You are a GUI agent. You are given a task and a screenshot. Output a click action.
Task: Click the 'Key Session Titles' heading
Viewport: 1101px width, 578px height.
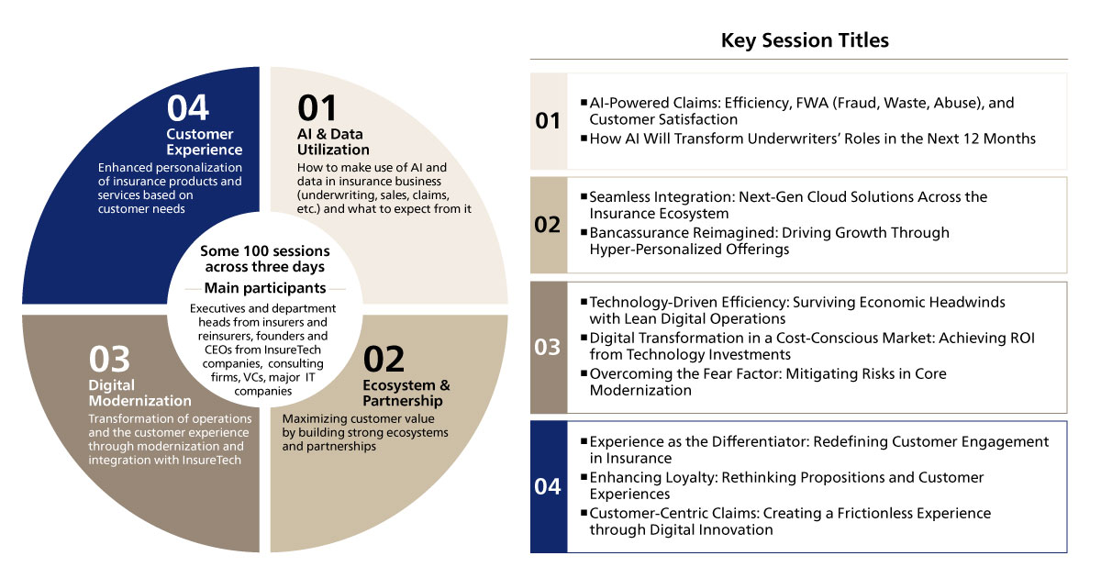(804, 40)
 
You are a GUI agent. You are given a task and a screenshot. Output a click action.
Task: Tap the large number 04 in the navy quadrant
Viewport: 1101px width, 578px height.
(188, 108)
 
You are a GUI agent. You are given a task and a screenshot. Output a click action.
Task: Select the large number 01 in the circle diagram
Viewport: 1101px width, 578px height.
(317, 108)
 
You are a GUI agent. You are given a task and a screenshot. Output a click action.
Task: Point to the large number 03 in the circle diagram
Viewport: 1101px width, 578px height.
(110, 359)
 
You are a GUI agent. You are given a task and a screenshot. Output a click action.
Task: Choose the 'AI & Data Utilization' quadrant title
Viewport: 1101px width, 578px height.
(333, 142)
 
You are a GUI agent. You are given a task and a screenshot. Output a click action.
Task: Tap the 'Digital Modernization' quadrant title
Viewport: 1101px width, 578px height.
(139, 393)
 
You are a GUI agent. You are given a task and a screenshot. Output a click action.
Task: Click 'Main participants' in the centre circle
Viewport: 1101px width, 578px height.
(264, 288)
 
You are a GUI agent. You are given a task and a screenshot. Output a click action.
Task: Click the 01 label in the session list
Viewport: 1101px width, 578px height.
(548, 121)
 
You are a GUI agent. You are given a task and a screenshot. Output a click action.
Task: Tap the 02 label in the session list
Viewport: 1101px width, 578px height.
(548, 225)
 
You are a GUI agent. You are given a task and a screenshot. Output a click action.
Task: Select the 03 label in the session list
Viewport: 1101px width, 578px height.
(548, 348)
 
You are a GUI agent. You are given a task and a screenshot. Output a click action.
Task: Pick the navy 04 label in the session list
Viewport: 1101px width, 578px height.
(548, 486)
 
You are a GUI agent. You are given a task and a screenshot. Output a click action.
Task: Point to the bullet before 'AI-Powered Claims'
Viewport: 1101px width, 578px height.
(584, 103)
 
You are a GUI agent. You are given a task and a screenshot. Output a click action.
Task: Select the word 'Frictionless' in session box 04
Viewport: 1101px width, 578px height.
(830, 513)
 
